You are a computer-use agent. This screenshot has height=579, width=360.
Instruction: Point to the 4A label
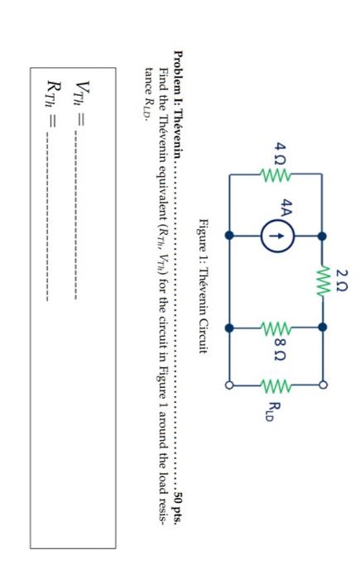point(286,212)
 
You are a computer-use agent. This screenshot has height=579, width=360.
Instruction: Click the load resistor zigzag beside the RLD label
point(272,385)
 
